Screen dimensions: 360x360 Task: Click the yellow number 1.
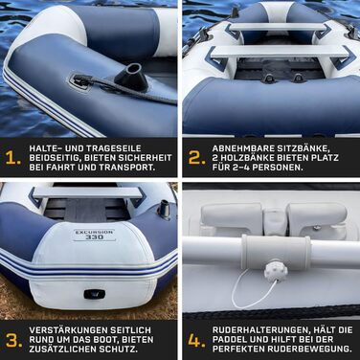point(12,158)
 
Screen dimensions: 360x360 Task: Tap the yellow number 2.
point(196,157)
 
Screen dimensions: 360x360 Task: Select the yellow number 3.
point(14,340)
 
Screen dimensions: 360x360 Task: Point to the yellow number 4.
point(197,340)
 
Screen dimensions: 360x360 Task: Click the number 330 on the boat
point(94,236)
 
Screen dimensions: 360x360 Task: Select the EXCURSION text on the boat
point(94,232)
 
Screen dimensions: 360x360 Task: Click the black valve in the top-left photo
point(133,77)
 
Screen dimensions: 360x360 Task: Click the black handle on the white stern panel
point(96,294)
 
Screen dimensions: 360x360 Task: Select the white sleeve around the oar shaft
point(277,252)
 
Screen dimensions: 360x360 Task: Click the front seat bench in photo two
point(281,52)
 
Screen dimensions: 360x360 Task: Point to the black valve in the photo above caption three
point(164,210)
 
